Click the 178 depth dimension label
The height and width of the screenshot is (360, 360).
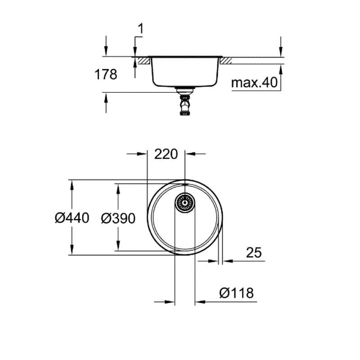tap(106, 75)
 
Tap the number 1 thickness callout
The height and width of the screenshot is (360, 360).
tap(140, 29)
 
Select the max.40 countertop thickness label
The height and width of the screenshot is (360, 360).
tap(254, 82)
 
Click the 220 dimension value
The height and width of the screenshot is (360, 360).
tap(166, 154)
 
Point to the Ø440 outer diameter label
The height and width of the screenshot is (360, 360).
tap(72, 218)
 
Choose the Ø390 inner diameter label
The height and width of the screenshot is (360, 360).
tap(118, 218)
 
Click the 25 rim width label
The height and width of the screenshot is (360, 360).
tap(254, 252)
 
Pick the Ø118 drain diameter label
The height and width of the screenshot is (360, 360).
tap(237, 293)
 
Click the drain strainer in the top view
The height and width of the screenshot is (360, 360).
tap(185, 203)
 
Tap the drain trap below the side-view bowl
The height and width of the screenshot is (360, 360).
tap(185, 102)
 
